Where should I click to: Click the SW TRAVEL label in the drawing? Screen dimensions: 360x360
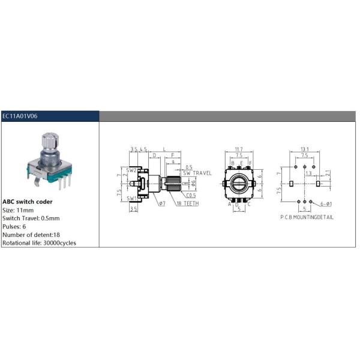[197, 173]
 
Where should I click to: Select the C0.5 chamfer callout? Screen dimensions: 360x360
[191, 195]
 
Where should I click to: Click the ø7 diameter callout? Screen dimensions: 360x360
[162, 203]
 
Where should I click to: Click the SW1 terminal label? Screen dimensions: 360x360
[131, 197]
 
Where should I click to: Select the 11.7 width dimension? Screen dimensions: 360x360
[238, 149]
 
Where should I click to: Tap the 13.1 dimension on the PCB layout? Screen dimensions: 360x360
[305, 149]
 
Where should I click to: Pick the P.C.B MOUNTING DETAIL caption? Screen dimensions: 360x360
[307, 216]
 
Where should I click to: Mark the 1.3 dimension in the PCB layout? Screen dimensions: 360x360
[308, 173]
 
